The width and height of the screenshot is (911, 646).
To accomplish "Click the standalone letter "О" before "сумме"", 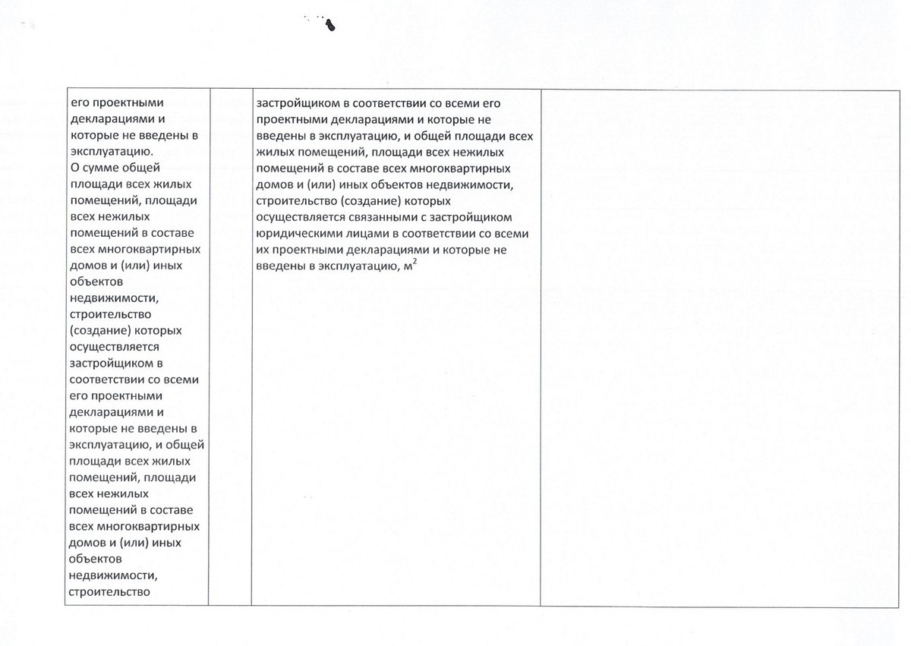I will [74, 169].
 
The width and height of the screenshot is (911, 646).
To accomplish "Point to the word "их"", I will [263, 250].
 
